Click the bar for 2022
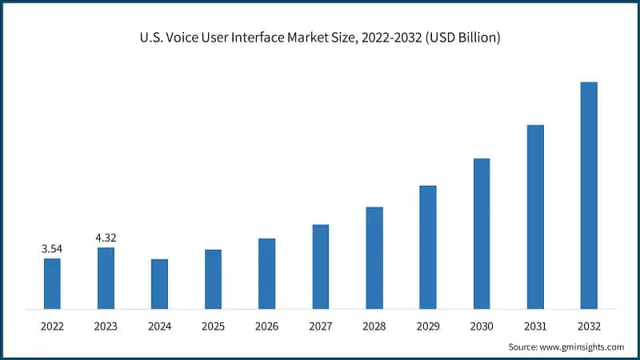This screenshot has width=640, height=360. point(52,283)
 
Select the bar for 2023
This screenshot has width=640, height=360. point(106,278)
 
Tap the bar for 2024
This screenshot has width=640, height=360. point(159,284)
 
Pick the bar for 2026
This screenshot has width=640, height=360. point(266,274)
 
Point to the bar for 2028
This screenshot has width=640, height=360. point(374,258)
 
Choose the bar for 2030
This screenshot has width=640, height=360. point(482,234)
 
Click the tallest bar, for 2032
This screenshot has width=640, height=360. point(589,195)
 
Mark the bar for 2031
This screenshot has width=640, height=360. point(535,217)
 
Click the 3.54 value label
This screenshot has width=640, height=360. point(52,249)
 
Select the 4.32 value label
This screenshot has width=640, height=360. point(106,238)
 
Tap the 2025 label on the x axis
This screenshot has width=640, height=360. point(213,326)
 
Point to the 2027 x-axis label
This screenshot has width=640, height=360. point(320,326)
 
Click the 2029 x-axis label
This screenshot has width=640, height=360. point(428,326)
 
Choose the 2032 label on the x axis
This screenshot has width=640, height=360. point(589,326)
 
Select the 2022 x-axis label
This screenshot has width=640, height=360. point(52,326)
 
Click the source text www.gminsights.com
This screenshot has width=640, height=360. point(583,346)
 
